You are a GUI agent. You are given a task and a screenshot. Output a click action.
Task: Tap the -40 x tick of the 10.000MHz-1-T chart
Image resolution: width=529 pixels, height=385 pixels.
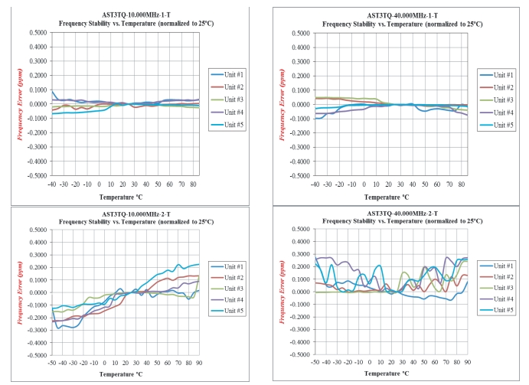(51, 184)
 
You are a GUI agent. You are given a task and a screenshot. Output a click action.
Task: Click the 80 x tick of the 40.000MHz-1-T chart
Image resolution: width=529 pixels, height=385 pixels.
(456, 184)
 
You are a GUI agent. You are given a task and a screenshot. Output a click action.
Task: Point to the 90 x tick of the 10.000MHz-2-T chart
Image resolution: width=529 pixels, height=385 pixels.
(198, 362)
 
